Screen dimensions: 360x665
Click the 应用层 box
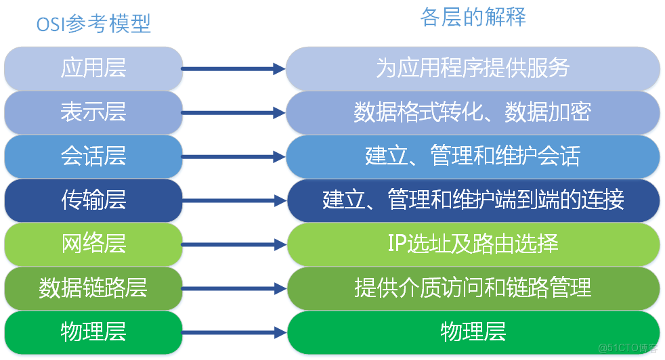pyautogui.click(x=93, y=68)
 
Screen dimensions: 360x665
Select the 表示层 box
pyautogui.click(x=93, y=112)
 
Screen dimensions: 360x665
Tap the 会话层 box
pyautogui.click(x=93, y=156)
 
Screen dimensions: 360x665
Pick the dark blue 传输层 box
pyautogui.click(x=93, y=200)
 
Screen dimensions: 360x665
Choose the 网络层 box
pyautogui.click(x=93, y=244)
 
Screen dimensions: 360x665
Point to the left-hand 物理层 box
pyautogui.click(x=93, y=332)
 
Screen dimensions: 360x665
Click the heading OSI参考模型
pyautogui.click(x=93, y=24)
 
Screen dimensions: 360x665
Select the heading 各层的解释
pyautogui.click(x=473, y=18)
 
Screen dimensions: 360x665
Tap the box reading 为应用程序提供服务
pyautogui.click(x=473, y=68)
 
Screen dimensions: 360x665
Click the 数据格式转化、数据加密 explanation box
pyautogui.click(x=473, y=112)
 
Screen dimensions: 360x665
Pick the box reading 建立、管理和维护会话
pyautogui.click(x=473, y=156)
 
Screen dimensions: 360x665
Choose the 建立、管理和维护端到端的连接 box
pyautogui.click(x=473, y=200)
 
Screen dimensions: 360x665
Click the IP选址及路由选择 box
pyautogui.click(x=473, y=244)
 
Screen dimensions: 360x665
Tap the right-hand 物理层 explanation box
pyautogui.click(x=473, y=332)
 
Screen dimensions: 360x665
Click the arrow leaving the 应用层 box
pyautogui.click(x=234, y=68)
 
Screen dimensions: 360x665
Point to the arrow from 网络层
pyautogui.click(x=234, y=244)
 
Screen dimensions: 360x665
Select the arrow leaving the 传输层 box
pyautogui.click(x=234, y=200)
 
